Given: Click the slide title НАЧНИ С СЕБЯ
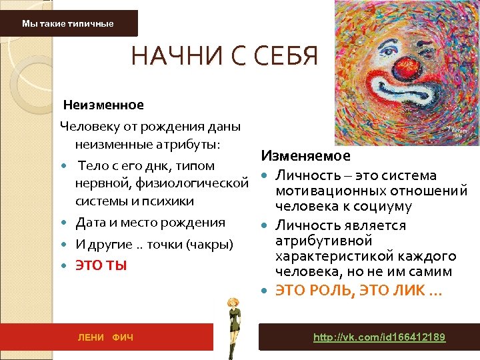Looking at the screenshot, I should point(225,56).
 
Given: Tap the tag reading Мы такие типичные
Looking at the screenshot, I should point(68,24).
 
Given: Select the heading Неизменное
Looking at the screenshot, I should point(103,105).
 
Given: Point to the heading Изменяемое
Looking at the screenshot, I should point(306,156).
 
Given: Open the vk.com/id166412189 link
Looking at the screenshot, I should point(379,337).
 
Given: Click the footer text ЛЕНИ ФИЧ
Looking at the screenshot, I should point(106,338).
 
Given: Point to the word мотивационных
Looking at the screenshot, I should point(324,191).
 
